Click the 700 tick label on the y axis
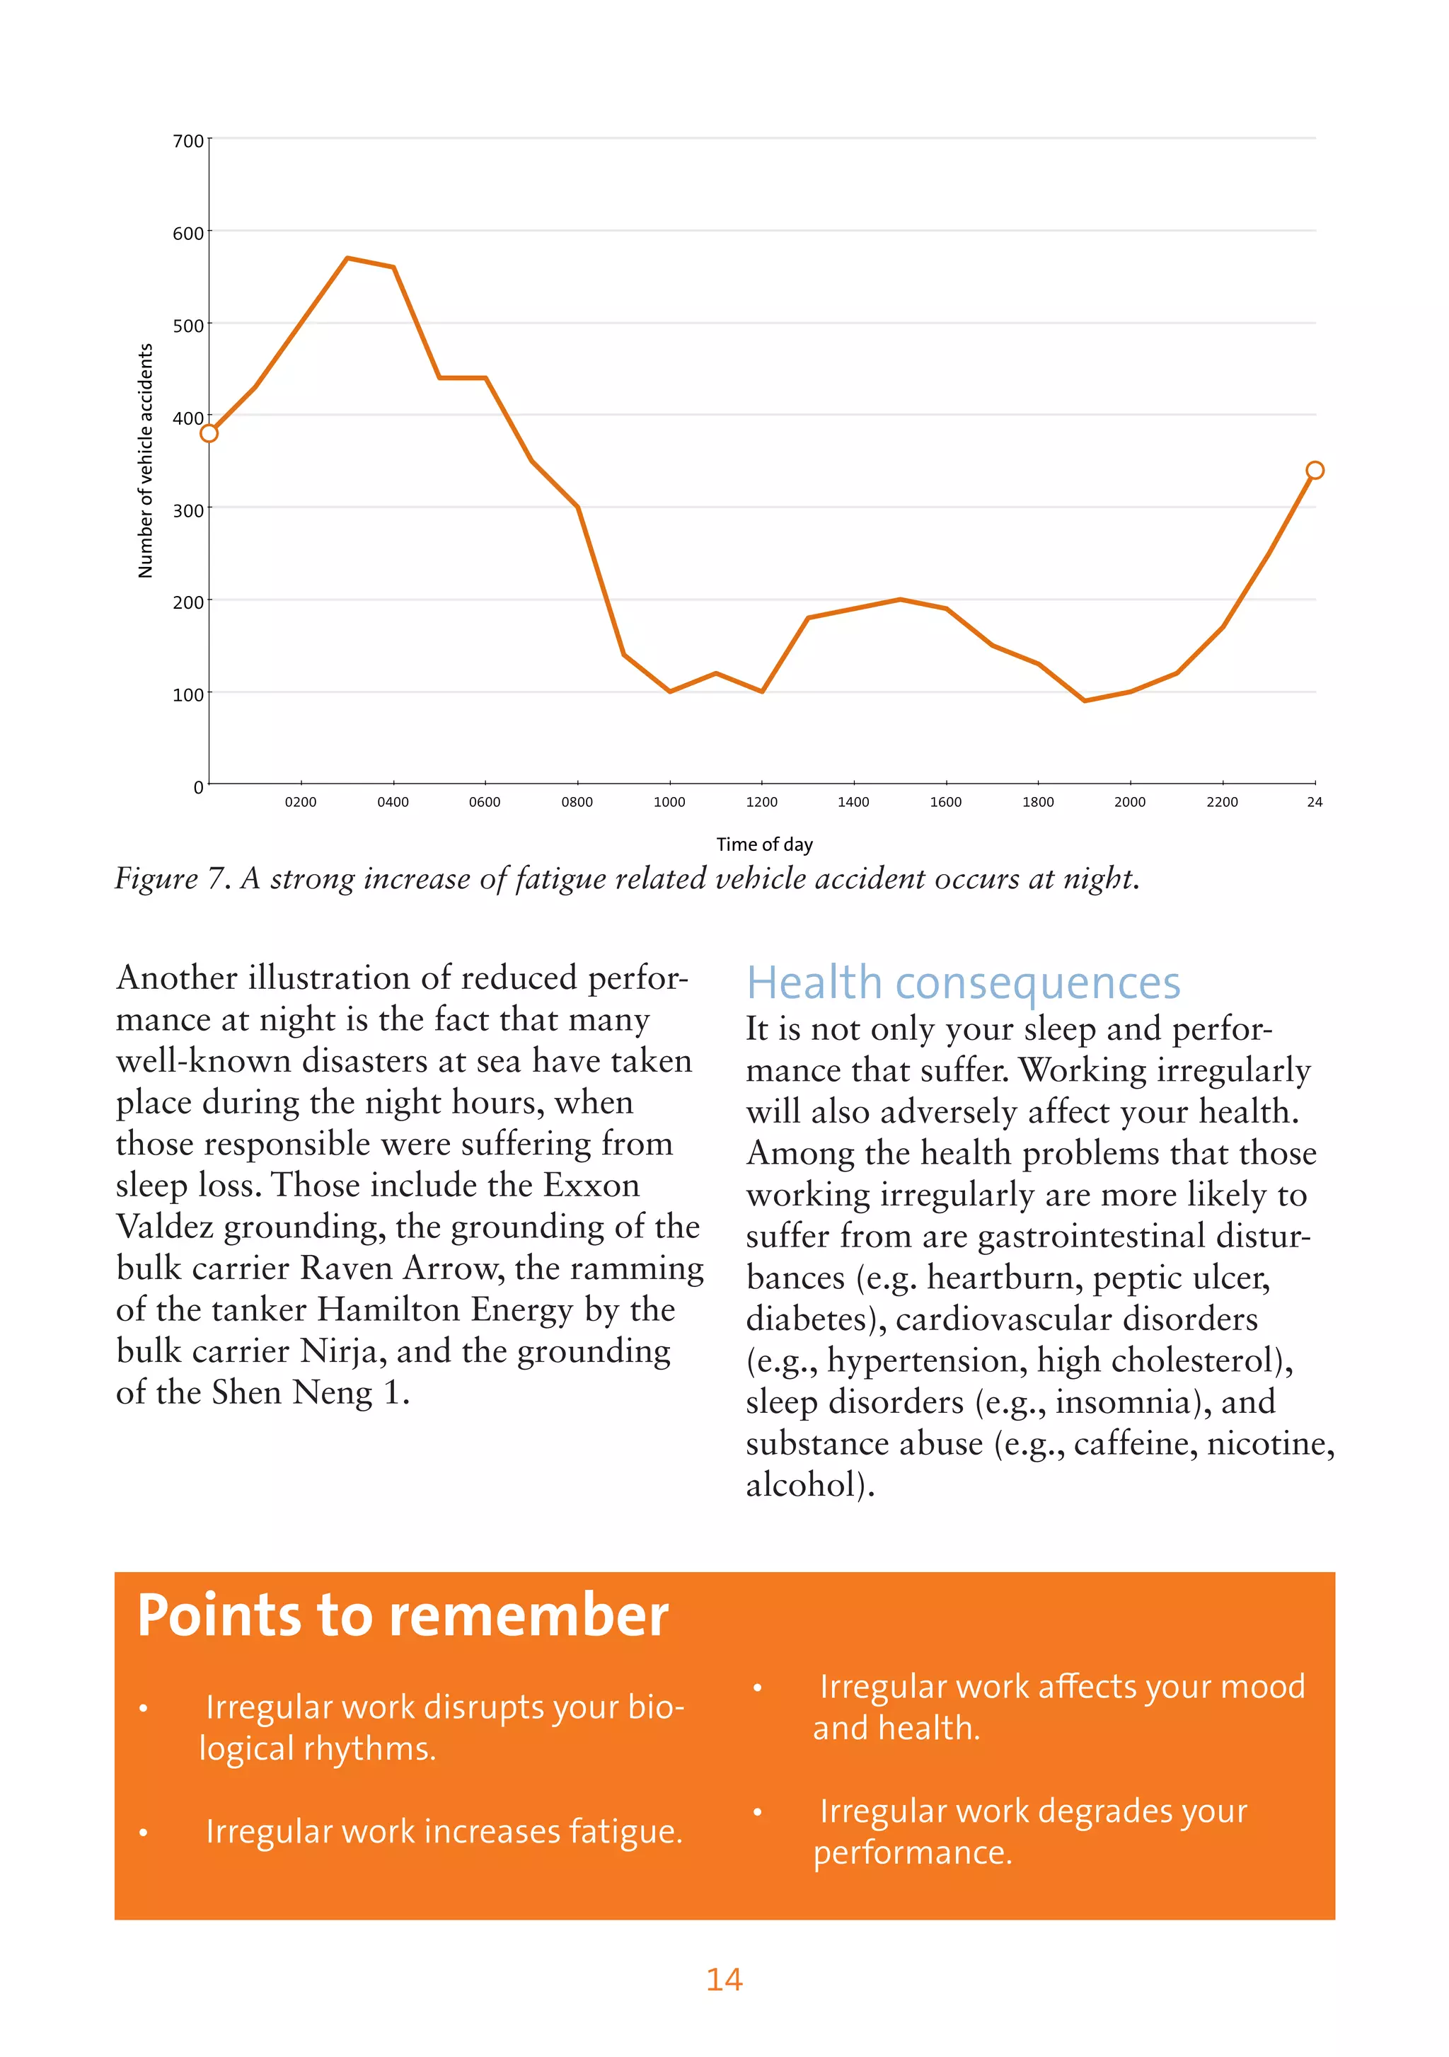click(188, 142)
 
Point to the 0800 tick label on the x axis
click(577, 802)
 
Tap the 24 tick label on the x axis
click(1314, 802)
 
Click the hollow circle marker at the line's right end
click(1315, 470)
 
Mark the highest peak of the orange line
click(347, 258)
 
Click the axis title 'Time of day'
click(764, 844)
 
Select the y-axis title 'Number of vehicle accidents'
click(145, 461)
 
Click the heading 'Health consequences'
click(963, 982)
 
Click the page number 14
click(724, 1979)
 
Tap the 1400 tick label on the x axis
click(853, 802)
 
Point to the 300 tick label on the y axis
click(188, 510)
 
